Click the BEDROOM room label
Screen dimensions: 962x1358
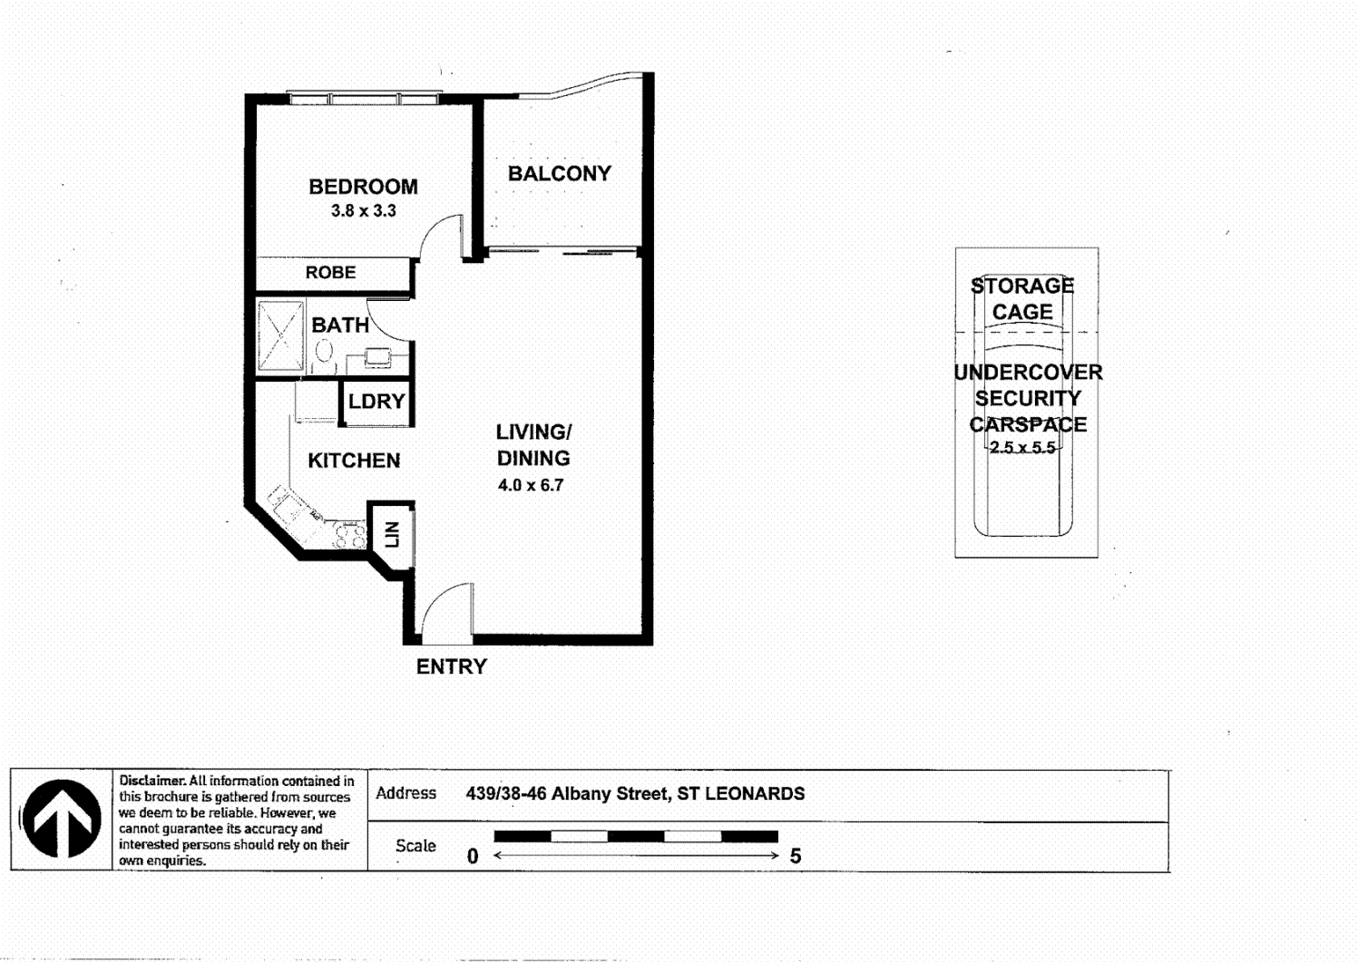[363, 187]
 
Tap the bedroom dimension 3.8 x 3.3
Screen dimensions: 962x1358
[363, 211]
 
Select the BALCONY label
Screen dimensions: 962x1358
[559, 173]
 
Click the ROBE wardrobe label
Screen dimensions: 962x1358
[330, 272]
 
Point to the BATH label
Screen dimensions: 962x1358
[340, 325]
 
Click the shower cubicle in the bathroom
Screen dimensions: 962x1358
[280, 336]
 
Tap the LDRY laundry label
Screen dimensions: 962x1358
[376, 401]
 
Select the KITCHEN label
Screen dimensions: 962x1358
[354, 461]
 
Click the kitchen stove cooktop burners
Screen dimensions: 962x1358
[349, 535]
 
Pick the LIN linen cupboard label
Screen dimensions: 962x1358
[392, 534]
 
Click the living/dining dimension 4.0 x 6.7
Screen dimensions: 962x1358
[531, 485]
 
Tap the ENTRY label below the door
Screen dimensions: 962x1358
[451, 666]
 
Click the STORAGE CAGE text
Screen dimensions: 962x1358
[1022, 298]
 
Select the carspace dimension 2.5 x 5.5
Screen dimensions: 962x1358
[1022, 448]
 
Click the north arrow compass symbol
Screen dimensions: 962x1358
[62, 819]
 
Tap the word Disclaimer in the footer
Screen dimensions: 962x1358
[151, 781]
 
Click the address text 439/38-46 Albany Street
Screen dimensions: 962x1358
[568, 793]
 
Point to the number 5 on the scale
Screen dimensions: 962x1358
[796, 856]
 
